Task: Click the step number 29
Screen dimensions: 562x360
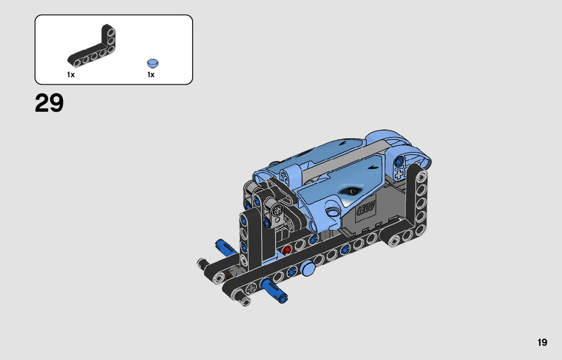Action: [x=49, y=103]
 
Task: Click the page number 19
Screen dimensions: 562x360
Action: [x=542, y=342]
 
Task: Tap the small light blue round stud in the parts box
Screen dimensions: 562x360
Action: [x=152, y=63]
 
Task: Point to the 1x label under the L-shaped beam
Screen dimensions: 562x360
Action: [x=71, y=75]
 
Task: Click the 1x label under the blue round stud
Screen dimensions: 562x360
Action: [x=151, y=75]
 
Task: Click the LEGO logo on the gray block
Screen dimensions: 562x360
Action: [x=365, y=207]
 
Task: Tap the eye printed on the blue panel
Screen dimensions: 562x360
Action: [x=353, y=191]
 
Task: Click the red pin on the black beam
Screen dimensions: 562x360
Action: [x=286, y=250]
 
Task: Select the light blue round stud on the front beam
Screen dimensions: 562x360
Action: [x=308, y=268]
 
